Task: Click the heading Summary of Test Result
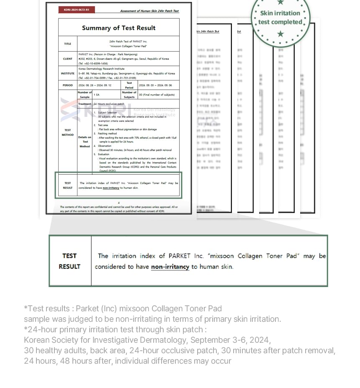(x=118, y=28)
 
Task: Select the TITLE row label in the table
(x=67, y=44)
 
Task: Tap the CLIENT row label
(x=67, y=59)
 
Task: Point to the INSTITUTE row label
(x=67, y=73)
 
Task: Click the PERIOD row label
(x=67, y=85)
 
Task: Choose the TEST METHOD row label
(x=67, y=132)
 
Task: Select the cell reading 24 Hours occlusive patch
(x=109, y=104)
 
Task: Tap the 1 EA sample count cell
(x=96, y=95)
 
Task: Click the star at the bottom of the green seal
(x=280, y=34)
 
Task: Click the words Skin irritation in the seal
(x=280, y=13)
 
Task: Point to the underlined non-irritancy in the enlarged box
(x=170, y=266)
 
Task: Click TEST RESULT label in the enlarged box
(x=69, y=261)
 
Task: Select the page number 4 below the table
(x=118, y=203)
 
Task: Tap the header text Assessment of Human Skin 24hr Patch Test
(x=149, y=11)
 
